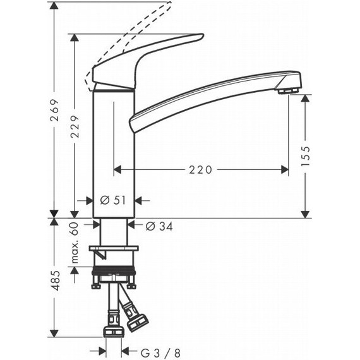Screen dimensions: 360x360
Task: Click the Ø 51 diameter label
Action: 114,200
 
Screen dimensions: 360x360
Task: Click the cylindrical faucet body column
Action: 114,152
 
